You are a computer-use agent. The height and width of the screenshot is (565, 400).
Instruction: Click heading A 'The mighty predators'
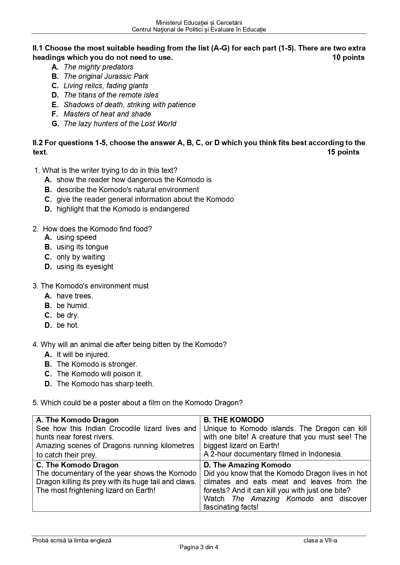click(x=98, y=67)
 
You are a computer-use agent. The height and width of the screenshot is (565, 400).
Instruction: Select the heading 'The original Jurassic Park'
click(x=106, y=76)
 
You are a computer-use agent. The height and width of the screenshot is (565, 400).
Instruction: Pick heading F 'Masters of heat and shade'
click(x=107, y=114)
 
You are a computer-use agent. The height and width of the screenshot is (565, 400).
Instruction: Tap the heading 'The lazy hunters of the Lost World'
click(x=120, y=124)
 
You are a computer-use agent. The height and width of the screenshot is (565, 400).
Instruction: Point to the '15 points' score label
click(x=343, y=152)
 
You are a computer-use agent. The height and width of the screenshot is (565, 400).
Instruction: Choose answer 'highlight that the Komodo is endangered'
click(x=123, y=209)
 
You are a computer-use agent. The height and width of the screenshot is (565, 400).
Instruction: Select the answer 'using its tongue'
click(x=83, y=247)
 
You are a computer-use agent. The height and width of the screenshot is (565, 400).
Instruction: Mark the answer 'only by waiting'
click(x=81, y=257)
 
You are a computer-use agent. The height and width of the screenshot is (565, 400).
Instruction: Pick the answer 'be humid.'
click(x=73, y=306)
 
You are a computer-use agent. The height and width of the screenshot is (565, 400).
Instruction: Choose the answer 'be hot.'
click(x=68, y=325)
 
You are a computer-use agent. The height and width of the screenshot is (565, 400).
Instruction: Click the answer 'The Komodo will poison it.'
click(x=100, y=374)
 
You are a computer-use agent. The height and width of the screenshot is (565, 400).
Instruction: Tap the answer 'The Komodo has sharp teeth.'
click(x=105, y=384)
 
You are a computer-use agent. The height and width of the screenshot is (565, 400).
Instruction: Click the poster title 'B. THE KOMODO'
click(x=234, y=420)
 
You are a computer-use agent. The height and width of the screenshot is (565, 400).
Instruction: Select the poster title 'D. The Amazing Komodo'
click(x=247, y=465)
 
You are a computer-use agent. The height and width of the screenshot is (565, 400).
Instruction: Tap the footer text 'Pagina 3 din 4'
click(x=199, y=547)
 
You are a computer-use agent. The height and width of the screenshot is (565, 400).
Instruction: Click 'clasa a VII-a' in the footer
click(x=320, y=541)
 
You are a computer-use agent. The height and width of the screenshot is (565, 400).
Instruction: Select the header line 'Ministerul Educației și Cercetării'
click(x=199, y=23)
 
